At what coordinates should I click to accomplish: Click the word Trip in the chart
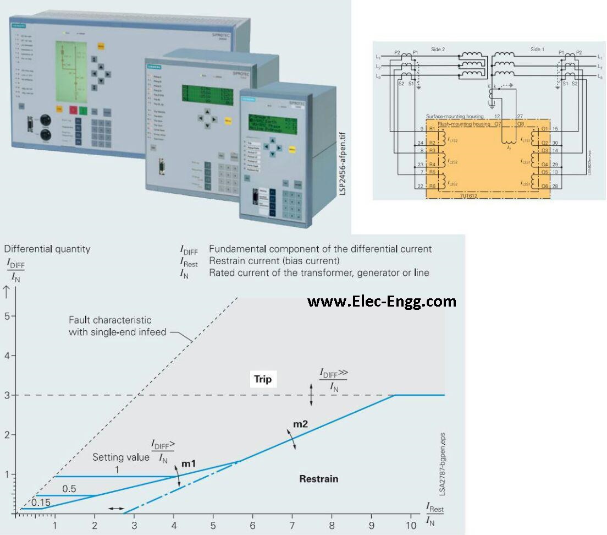(x=263, y=379)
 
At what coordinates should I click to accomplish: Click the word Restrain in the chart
(x=318, y=479)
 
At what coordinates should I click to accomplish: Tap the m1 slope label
(x=189, y=464)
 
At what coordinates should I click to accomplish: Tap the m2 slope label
(x=300, y=424)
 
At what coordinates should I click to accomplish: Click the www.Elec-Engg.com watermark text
(x=382, y=301)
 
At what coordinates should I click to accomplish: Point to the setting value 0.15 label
(x=41, y=503)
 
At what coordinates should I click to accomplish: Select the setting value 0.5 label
(x=69, y=489)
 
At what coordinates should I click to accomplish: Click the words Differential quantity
(x=48, y=249)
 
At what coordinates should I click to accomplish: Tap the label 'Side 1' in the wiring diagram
(x=537, y=49)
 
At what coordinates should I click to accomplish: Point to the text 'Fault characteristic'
(x=110, y=320)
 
